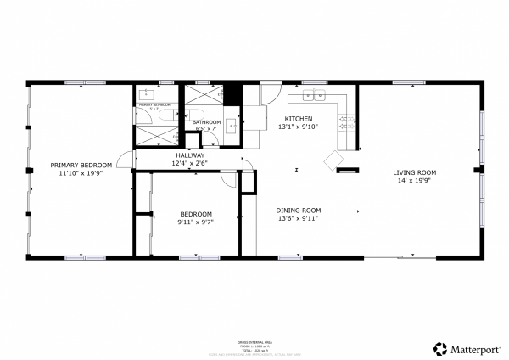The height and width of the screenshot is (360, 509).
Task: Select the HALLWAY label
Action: [x=190, y=155]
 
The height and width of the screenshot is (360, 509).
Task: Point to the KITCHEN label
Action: [x=298, y=118]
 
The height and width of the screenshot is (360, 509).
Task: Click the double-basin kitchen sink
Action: [x=316, y=95]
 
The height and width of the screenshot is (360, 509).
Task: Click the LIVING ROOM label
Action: [x=414, y=172]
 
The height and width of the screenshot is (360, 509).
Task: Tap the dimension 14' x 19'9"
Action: [x=414, y=181]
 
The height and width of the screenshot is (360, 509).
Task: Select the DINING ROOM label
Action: [x=298, y=210]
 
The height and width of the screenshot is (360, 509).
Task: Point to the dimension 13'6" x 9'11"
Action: [x=298, y=218]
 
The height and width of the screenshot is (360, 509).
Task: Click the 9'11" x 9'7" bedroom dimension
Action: [x=195, y=222]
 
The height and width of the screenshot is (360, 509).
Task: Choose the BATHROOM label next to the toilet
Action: [x=206, y=122]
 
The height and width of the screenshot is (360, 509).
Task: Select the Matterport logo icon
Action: [x=440, y=348]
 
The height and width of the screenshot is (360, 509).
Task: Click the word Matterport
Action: [x=474, y=348]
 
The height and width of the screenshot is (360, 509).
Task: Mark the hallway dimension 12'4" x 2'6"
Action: [x=190, y=163]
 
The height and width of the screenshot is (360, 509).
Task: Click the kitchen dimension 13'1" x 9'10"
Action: [x=298, y=127]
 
